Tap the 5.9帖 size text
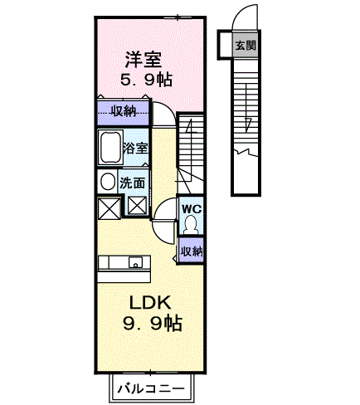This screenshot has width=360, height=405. tap(147, 80)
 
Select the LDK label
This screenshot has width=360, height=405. tap(150, 303)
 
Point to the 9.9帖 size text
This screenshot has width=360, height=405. tap(153, 324)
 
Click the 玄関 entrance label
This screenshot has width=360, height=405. tap(246, 45)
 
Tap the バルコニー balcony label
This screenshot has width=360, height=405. tap(151, 389)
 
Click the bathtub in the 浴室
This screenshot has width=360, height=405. tap(111, 147)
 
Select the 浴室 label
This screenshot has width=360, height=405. tap(135, 149)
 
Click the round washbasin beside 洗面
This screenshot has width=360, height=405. tap(108, 181)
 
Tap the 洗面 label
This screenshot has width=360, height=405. tap(133, 183)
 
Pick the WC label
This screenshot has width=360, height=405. tap(192, 209)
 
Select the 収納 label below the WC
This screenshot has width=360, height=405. tap(192, 251)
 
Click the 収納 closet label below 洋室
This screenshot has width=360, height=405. tap(124, 111)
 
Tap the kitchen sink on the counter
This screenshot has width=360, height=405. tap(135, 262)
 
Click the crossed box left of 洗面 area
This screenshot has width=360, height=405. tap(109, 208)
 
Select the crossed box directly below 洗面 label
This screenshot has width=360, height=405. tap(137, 205)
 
